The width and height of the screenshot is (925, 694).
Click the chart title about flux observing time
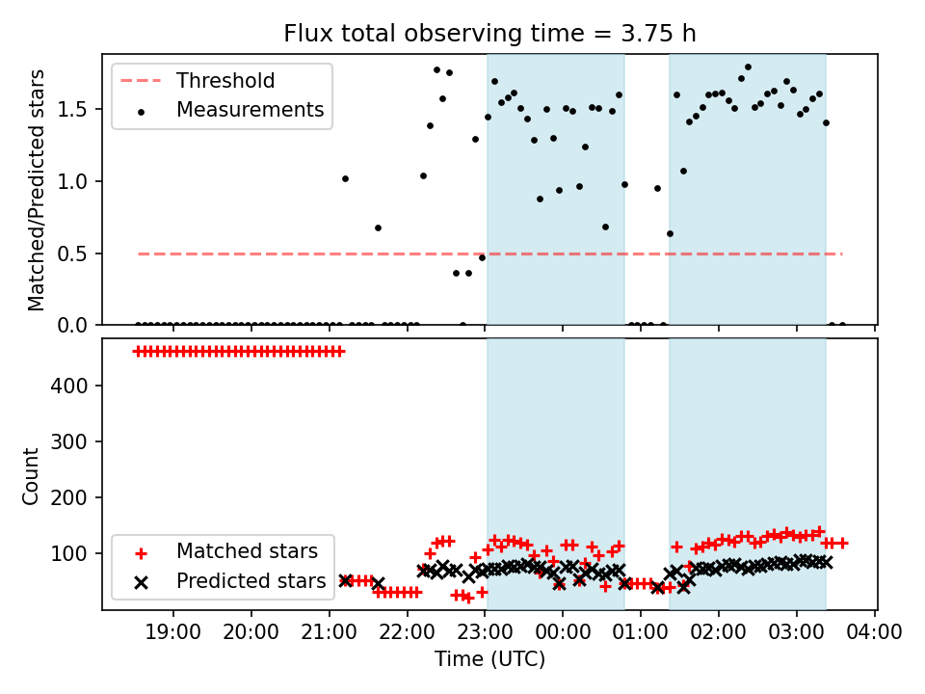[489, 34]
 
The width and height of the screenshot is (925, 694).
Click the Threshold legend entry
[225, 81]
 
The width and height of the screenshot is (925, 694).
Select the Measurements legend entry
[250, 110]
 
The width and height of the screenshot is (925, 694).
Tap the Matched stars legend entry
[246, 552]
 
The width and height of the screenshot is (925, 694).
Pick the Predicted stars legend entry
[251, 581]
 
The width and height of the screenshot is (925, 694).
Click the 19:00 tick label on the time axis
[173, 632]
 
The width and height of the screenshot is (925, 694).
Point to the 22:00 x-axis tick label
[408, 632]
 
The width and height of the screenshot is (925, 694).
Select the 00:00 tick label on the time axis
[563, 632]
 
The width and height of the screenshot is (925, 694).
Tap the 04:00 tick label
[875, 632]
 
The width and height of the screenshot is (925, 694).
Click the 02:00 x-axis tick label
[719, 632]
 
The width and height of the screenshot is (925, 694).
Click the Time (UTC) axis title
[489, 659]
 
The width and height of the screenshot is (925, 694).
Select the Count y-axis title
[32, 475]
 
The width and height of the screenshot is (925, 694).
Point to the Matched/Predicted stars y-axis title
[37, 190]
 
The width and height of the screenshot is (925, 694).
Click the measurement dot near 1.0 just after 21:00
[345, 178]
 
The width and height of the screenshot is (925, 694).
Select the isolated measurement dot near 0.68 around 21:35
[378, 227]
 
